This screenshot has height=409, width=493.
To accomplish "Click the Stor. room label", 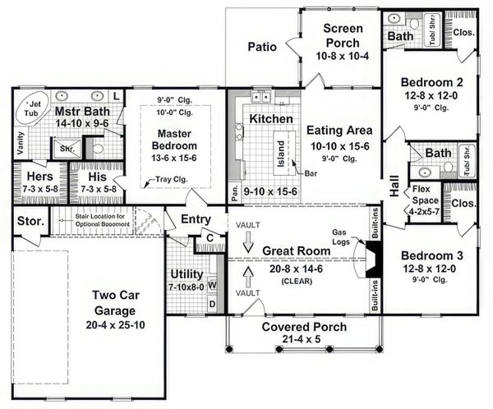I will pos(30,220).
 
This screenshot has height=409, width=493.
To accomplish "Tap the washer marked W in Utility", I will pos(211,285).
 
